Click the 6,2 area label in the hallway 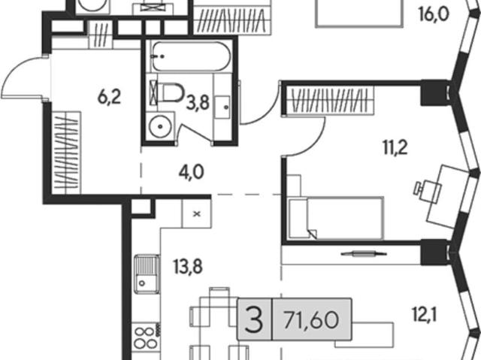pyautogui.click(x=110, y=98)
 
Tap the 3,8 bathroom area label pyautogui.click(x=198, y=103)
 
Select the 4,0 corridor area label pyautogui.click(x=192, y=173)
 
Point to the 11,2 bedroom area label pyautogui.click(x=395, y=148)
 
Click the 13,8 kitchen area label pyautogui.click(x=188, y=267)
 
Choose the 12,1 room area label pyautogui.click(x=424, y=315)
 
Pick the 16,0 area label pyautogui.click(x=434, y=15)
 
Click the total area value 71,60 pyautogui.click(x=311, y=320)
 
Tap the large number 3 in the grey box pyautogui.click(x=254, y=320)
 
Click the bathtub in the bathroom pyautogui.click(x=190, y=56)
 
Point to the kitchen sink pyautogui.click(x=147, y=274)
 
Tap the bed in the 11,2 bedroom pyautogui.click(x=336, y=218)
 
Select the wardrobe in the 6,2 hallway pyautogui.click(x=66, y=153)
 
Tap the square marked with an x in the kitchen pyautogui.click(x=197, y=213)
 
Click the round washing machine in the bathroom pyautogui.click(x=160, y=127)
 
